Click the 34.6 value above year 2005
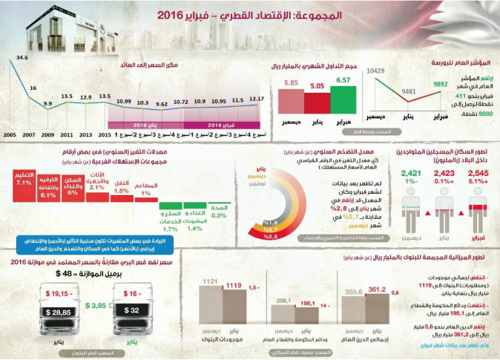click(x=22, y=57)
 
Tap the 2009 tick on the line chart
click(x=46, y=136)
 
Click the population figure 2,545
click(x=478, y=174)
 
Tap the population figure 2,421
click(x=412, y=174)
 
